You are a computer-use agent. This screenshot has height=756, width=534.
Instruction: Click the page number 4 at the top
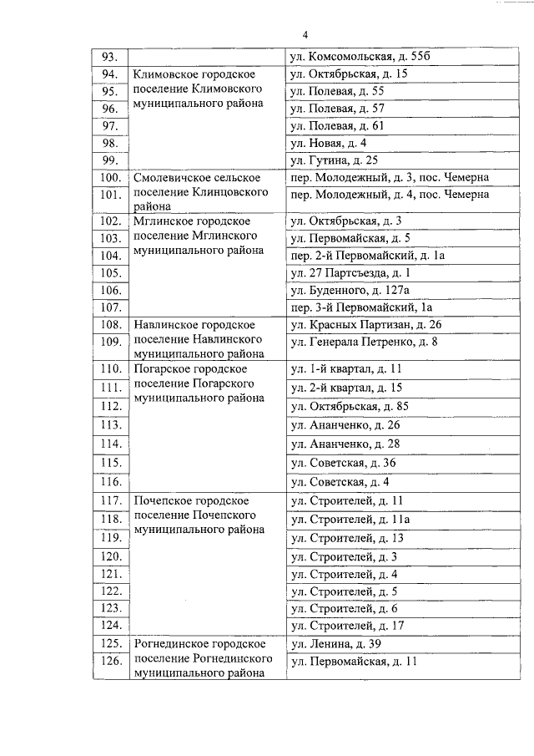point(305,35)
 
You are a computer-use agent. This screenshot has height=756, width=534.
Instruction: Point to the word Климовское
point(163,74)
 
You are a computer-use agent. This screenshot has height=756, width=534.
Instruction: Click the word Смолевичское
point(170,178)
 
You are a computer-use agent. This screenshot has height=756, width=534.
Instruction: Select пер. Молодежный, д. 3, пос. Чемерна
point(388,178)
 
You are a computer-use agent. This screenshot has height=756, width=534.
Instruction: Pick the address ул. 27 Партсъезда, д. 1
point(350,272)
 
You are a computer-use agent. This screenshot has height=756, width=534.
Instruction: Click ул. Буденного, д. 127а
point(349,290)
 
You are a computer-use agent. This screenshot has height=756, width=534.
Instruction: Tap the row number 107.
point(110,307)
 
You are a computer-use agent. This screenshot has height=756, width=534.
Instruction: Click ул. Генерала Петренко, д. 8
point(363,342)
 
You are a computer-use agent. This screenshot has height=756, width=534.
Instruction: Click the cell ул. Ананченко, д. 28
point(345,443)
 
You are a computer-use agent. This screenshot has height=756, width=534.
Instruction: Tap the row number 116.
point(110,482)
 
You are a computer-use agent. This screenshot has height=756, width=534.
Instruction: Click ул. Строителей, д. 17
point(346,625)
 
